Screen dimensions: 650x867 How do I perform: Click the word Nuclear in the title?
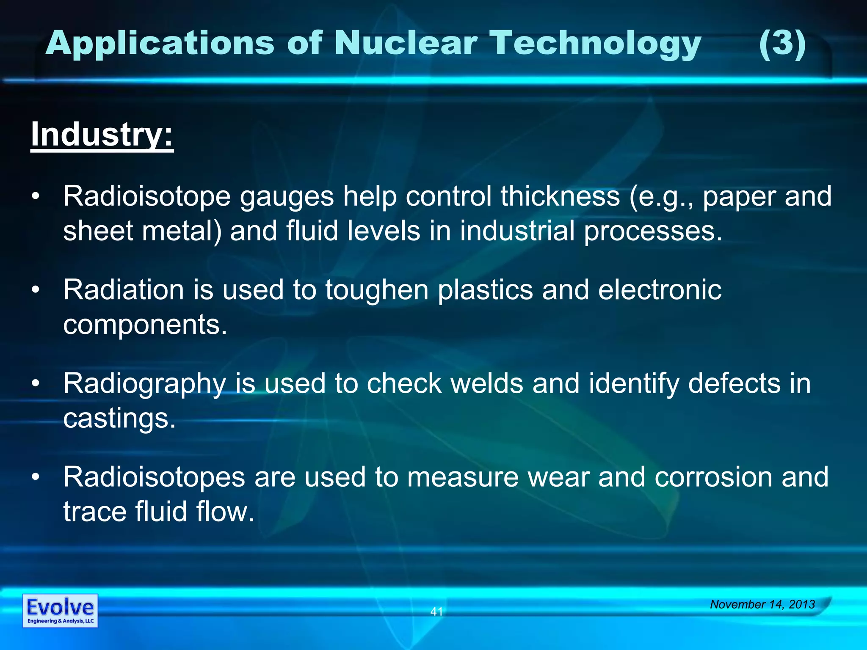point(406,43)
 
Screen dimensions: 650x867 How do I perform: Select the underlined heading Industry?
point(102,134)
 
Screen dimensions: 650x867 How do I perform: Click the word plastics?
point(485,290)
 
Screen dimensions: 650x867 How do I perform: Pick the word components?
point(145,325)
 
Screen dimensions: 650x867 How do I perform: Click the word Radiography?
point(144,384)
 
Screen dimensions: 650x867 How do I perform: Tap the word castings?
point(119,419)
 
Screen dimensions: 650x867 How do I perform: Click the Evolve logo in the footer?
point(60,611)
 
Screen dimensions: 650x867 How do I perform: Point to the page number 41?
point(436,611)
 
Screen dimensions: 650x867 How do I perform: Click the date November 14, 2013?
point(762,604)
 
